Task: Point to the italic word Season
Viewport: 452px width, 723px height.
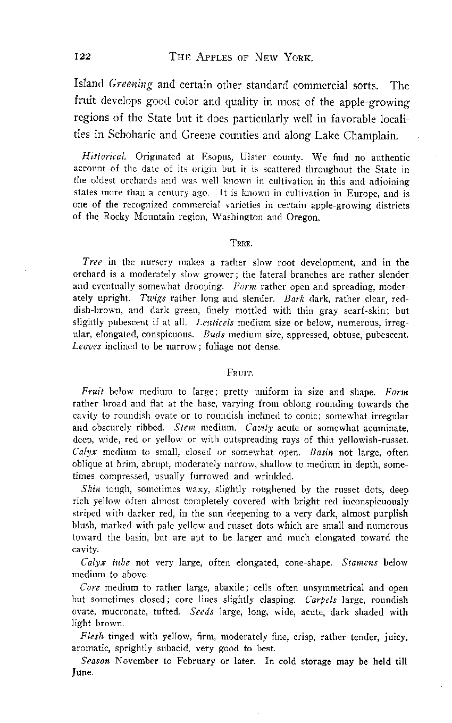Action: [x=96, y=660]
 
